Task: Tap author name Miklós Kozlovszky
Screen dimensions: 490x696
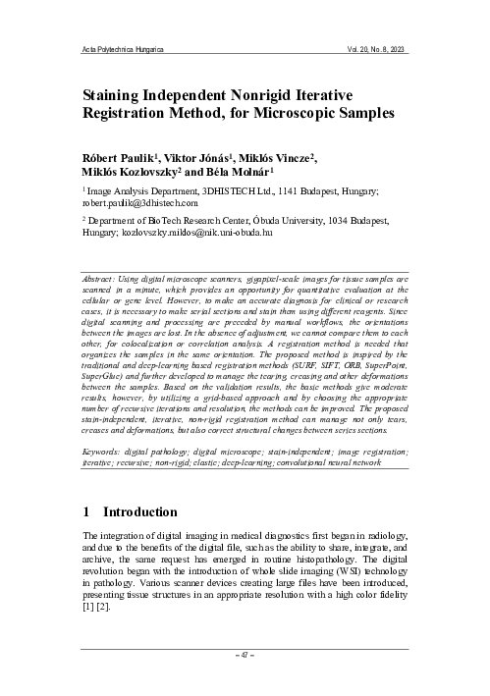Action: (133, 175)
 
